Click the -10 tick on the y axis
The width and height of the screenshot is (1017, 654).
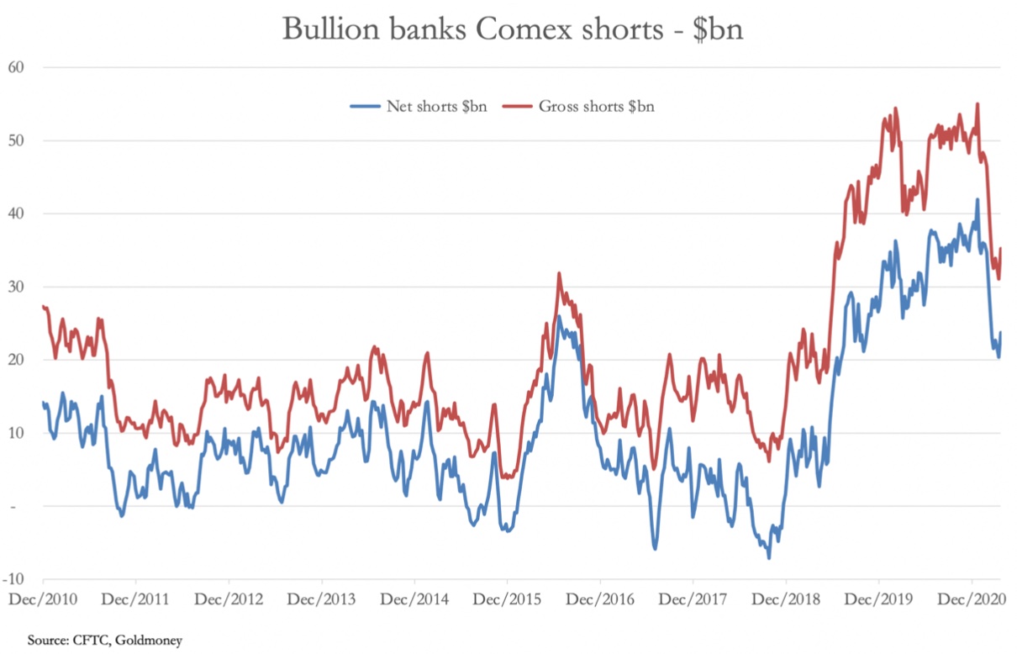click(13, 579)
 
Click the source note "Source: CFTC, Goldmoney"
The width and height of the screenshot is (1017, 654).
click(105, 641)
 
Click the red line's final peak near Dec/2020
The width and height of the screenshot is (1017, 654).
click(977, 103)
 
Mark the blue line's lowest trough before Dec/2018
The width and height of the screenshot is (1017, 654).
click(768, 558)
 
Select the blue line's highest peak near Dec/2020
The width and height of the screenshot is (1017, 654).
click(977, 199)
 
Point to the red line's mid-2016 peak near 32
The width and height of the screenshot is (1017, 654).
click(559, 272)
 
